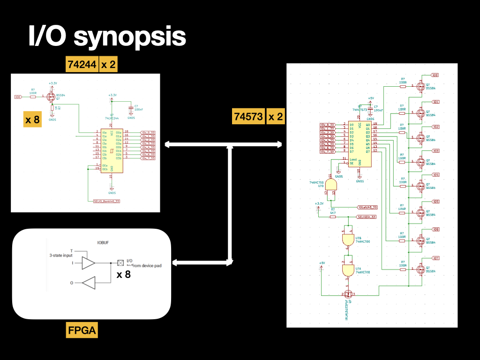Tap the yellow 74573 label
(x=248, y=116)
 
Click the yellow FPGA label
(x=82, y=330)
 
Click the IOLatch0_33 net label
(x=367, y=207)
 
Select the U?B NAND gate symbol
(x=347, y=240)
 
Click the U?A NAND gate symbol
(x=347, y=270)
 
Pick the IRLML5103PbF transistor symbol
(x=347, y=294)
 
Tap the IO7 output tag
(x=435, y=258)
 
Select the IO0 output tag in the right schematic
(x=435, y=75)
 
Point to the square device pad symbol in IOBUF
(x=120, y=263)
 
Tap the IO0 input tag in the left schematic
(x=18, y=97)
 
